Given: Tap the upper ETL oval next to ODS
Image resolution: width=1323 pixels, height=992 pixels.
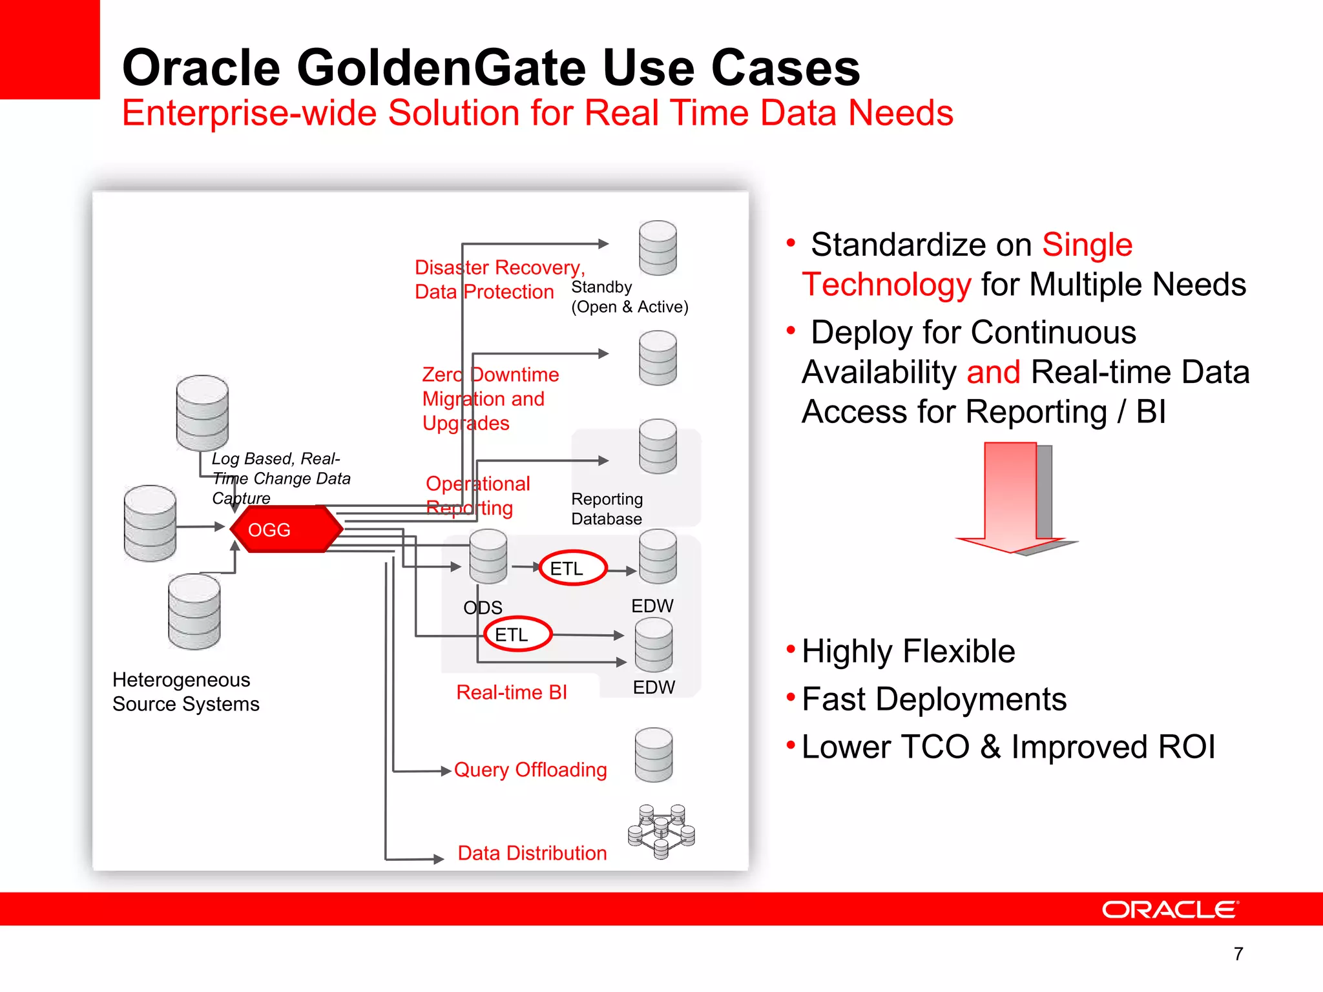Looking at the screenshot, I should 572,568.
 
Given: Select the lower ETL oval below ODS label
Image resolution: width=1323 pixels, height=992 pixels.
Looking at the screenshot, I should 517,634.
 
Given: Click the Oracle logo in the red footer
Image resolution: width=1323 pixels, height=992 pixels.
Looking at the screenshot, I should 1170,909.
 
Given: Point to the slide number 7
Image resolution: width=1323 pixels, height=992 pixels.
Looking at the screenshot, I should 1238,953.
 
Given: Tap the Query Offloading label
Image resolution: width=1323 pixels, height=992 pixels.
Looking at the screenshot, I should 530,769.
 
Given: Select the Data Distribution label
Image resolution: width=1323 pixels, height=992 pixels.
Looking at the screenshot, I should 532,852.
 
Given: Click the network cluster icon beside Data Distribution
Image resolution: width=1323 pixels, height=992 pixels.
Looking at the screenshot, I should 661,831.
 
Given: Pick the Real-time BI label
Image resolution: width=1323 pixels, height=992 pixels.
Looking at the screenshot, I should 511,692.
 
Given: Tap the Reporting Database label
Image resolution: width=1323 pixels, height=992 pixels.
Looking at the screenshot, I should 607,509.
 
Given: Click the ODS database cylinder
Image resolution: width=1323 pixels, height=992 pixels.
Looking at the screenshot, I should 488,555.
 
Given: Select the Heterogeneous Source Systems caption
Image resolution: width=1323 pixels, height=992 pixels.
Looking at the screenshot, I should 185,691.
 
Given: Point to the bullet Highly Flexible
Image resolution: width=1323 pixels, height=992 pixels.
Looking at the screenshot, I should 908,651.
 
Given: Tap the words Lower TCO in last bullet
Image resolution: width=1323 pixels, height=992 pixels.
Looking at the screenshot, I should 885,747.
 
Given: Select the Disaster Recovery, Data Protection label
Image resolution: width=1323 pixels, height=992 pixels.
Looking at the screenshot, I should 499,279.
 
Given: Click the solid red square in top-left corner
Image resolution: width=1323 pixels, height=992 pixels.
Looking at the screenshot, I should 49,49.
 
